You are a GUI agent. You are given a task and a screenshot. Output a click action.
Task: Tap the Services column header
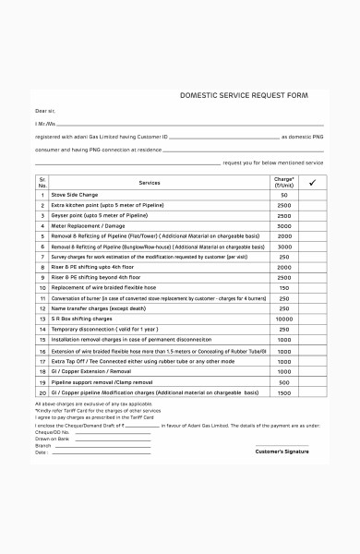tap(150, 183)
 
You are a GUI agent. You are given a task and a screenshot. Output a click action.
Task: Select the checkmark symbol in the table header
tap(312, 183)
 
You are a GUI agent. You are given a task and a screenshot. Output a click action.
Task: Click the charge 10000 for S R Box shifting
tap(284, 319)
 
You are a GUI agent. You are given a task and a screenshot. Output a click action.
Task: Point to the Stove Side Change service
tap(75, 195)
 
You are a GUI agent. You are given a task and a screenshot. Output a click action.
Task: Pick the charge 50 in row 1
tap(284, 195)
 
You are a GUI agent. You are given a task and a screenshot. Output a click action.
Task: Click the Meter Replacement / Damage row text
tap(88, 225)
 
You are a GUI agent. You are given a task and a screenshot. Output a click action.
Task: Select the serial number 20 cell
tap(42, 391)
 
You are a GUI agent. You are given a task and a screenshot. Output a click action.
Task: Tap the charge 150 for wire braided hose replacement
tap(284, 287)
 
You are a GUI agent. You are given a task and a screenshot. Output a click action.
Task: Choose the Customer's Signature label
tap(282, 452)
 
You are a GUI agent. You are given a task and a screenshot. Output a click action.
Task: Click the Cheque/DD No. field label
tap(52, 431)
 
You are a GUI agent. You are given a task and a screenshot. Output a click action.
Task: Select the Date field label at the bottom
tap(42, 452)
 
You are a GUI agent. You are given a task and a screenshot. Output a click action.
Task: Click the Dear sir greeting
tap(45, 110)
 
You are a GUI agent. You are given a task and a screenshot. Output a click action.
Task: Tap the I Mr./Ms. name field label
tap(46, 123)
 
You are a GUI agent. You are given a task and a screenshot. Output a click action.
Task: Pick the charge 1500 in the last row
tap(284, 391)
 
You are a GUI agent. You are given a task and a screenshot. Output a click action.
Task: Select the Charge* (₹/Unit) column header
tap(284, 183)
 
